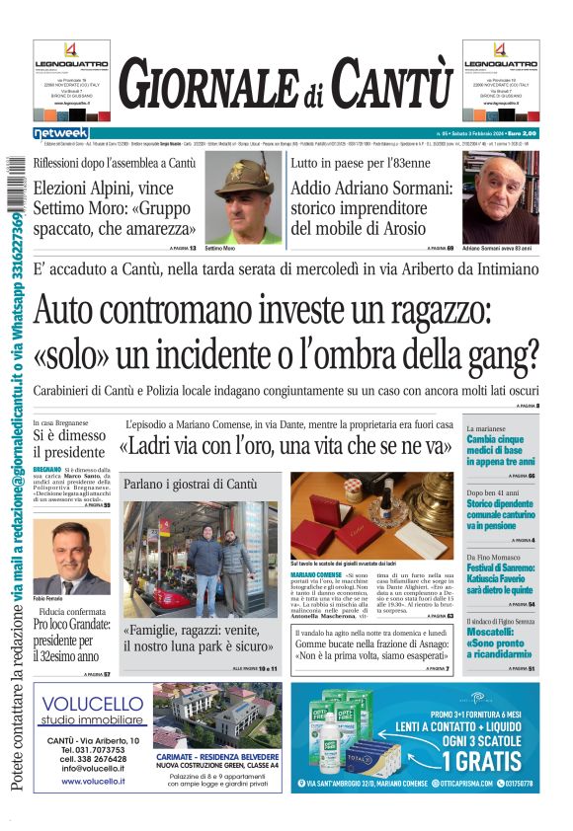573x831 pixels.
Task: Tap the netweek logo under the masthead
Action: [x=60, y=132]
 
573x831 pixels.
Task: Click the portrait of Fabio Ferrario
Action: [x=71, y=558]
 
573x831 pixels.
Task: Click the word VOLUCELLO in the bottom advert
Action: [x=94, y=704]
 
